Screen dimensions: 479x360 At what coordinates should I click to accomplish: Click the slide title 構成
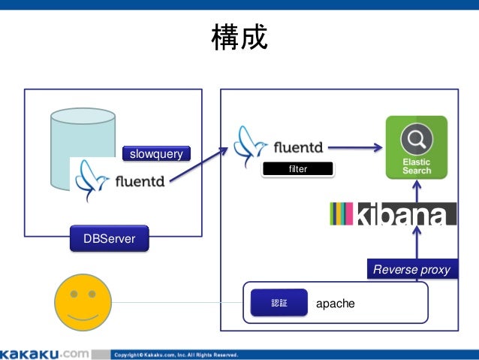[239, 37]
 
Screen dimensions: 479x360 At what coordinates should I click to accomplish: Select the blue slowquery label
[156, 154]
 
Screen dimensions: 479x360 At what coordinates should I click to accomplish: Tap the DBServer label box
[109, 241]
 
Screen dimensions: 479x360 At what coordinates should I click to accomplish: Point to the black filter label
[297, 170]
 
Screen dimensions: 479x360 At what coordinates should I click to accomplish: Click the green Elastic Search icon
[416, 147]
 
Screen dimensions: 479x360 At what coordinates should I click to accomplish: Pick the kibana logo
[392, 214]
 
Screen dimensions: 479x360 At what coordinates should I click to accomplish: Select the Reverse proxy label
[411, 270]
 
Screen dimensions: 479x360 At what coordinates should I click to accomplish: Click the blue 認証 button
[279, 304]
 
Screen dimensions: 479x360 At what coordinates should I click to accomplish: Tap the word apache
[335, 304]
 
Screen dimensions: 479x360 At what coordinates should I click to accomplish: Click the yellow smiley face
[83, 303]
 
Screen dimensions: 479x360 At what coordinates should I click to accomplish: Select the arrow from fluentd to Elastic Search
[354, 148]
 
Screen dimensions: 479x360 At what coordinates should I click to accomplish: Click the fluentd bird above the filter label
[250, 146]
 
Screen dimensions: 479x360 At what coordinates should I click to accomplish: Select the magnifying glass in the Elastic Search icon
[415, 138]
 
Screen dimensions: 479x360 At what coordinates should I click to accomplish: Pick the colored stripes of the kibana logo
[342, 214]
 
